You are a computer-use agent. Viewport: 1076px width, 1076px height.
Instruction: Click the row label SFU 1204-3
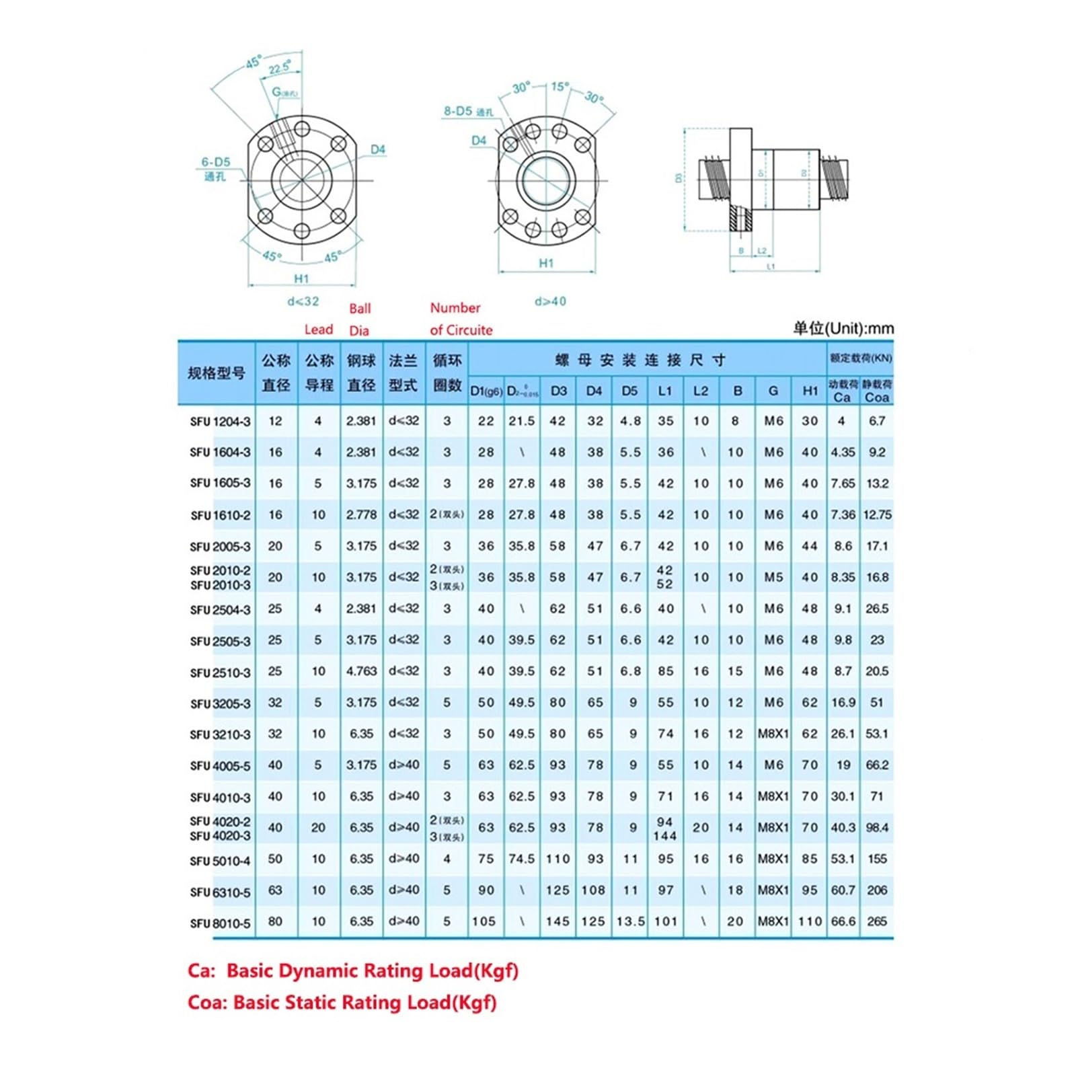pyautogui.click(x=220, y=422)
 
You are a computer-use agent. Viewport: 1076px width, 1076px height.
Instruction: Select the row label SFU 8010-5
pyautogui.click(x=220, y=923)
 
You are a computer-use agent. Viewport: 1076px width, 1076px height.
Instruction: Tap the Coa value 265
pyautogui.click(x=877, y=921)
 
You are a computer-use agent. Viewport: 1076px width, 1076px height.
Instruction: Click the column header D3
pyautogui.click(x=558, y=391)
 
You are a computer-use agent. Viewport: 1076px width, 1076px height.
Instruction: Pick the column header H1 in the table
pyautogui.click(x=810, y=391)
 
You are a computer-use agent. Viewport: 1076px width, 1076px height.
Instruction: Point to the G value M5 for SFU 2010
pyautogui.click(x=773, y=577)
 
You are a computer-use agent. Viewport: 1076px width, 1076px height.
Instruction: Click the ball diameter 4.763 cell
pyautogui.click(x=361, y=671)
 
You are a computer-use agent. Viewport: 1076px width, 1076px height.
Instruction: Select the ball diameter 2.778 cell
pyautogui.click(x=361, y=514)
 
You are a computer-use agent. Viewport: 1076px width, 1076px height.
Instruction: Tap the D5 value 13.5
pyautogui.click(x=630, y=921)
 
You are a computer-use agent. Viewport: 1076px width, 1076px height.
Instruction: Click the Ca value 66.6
pyautogui.click(x=843, y=921)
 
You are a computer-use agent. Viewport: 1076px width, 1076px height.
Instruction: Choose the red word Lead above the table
pyautogui.click(x=318, y=330)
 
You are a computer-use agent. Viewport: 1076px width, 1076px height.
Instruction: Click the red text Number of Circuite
pyautogui.click(x=461, y=319)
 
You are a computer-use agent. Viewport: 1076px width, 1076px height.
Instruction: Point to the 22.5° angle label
pyautogui.click(x=280, y=68)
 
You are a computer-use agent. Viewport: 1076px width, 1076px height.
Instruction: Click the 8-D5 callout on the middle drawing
pyautogui.click(x=467, y=112)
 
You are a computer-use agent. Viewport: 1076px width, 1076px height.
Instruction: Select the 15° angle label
pyautogui.click(x=560, y=87)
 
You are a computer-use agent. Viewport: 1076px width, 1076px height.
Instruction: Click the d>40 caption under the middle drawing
pyautogui.click(x=550, y=301)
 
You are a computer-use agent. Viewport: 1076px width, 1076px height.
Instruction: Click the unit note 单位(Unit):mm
pyautogui.click(x=843, y=328)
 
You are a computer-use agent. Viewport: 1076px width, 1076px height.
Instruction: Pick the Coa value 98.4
pyautogui.click(x=877, y=828)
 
